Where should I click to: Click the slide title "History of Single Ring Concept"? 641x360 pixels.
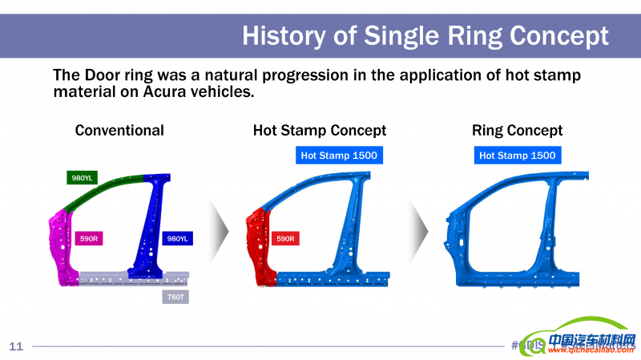[425, 35]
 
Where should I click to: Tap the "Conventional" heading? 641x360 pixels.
[119, 130]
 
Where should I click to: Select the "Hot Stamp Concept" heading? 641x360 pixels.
[320, 130]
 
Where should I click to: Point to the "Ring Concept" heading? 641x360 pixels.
[517, 130]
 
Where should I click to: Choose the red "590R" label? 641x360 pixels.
[285, 238]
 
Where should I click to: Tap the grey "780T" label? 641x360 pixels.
[174, 297]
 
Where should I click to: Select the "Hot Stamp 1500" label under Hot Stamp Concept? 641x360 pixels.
[338, 155]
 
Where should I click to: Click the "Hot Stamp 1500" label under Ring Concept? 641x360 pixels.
[518, 155]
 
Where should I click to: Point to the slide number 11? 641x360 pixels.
[16, 346]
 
